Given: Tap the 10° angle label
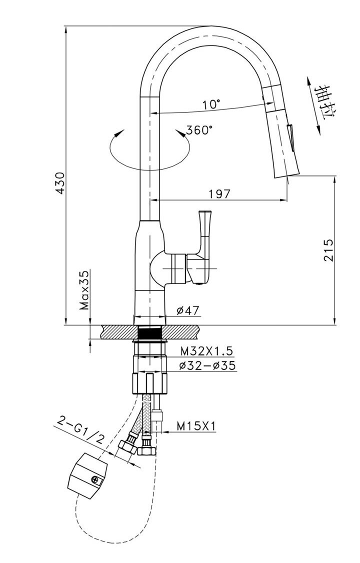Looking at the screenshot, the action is coord(211,104).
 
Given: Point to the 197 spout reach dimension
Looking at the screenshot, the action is coord(219,194).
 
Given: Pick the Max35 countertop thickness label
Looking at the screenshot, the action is coord(84,290).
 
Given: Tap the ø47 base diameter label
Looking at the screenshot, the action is coord(187,310).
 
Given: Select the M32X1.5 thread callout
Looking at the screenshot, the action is coord(206,349).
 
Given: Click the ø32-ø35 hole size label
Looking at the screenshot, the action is coord(207,365).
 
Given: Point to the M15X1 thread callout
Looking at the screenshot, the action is coord(196,426).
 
